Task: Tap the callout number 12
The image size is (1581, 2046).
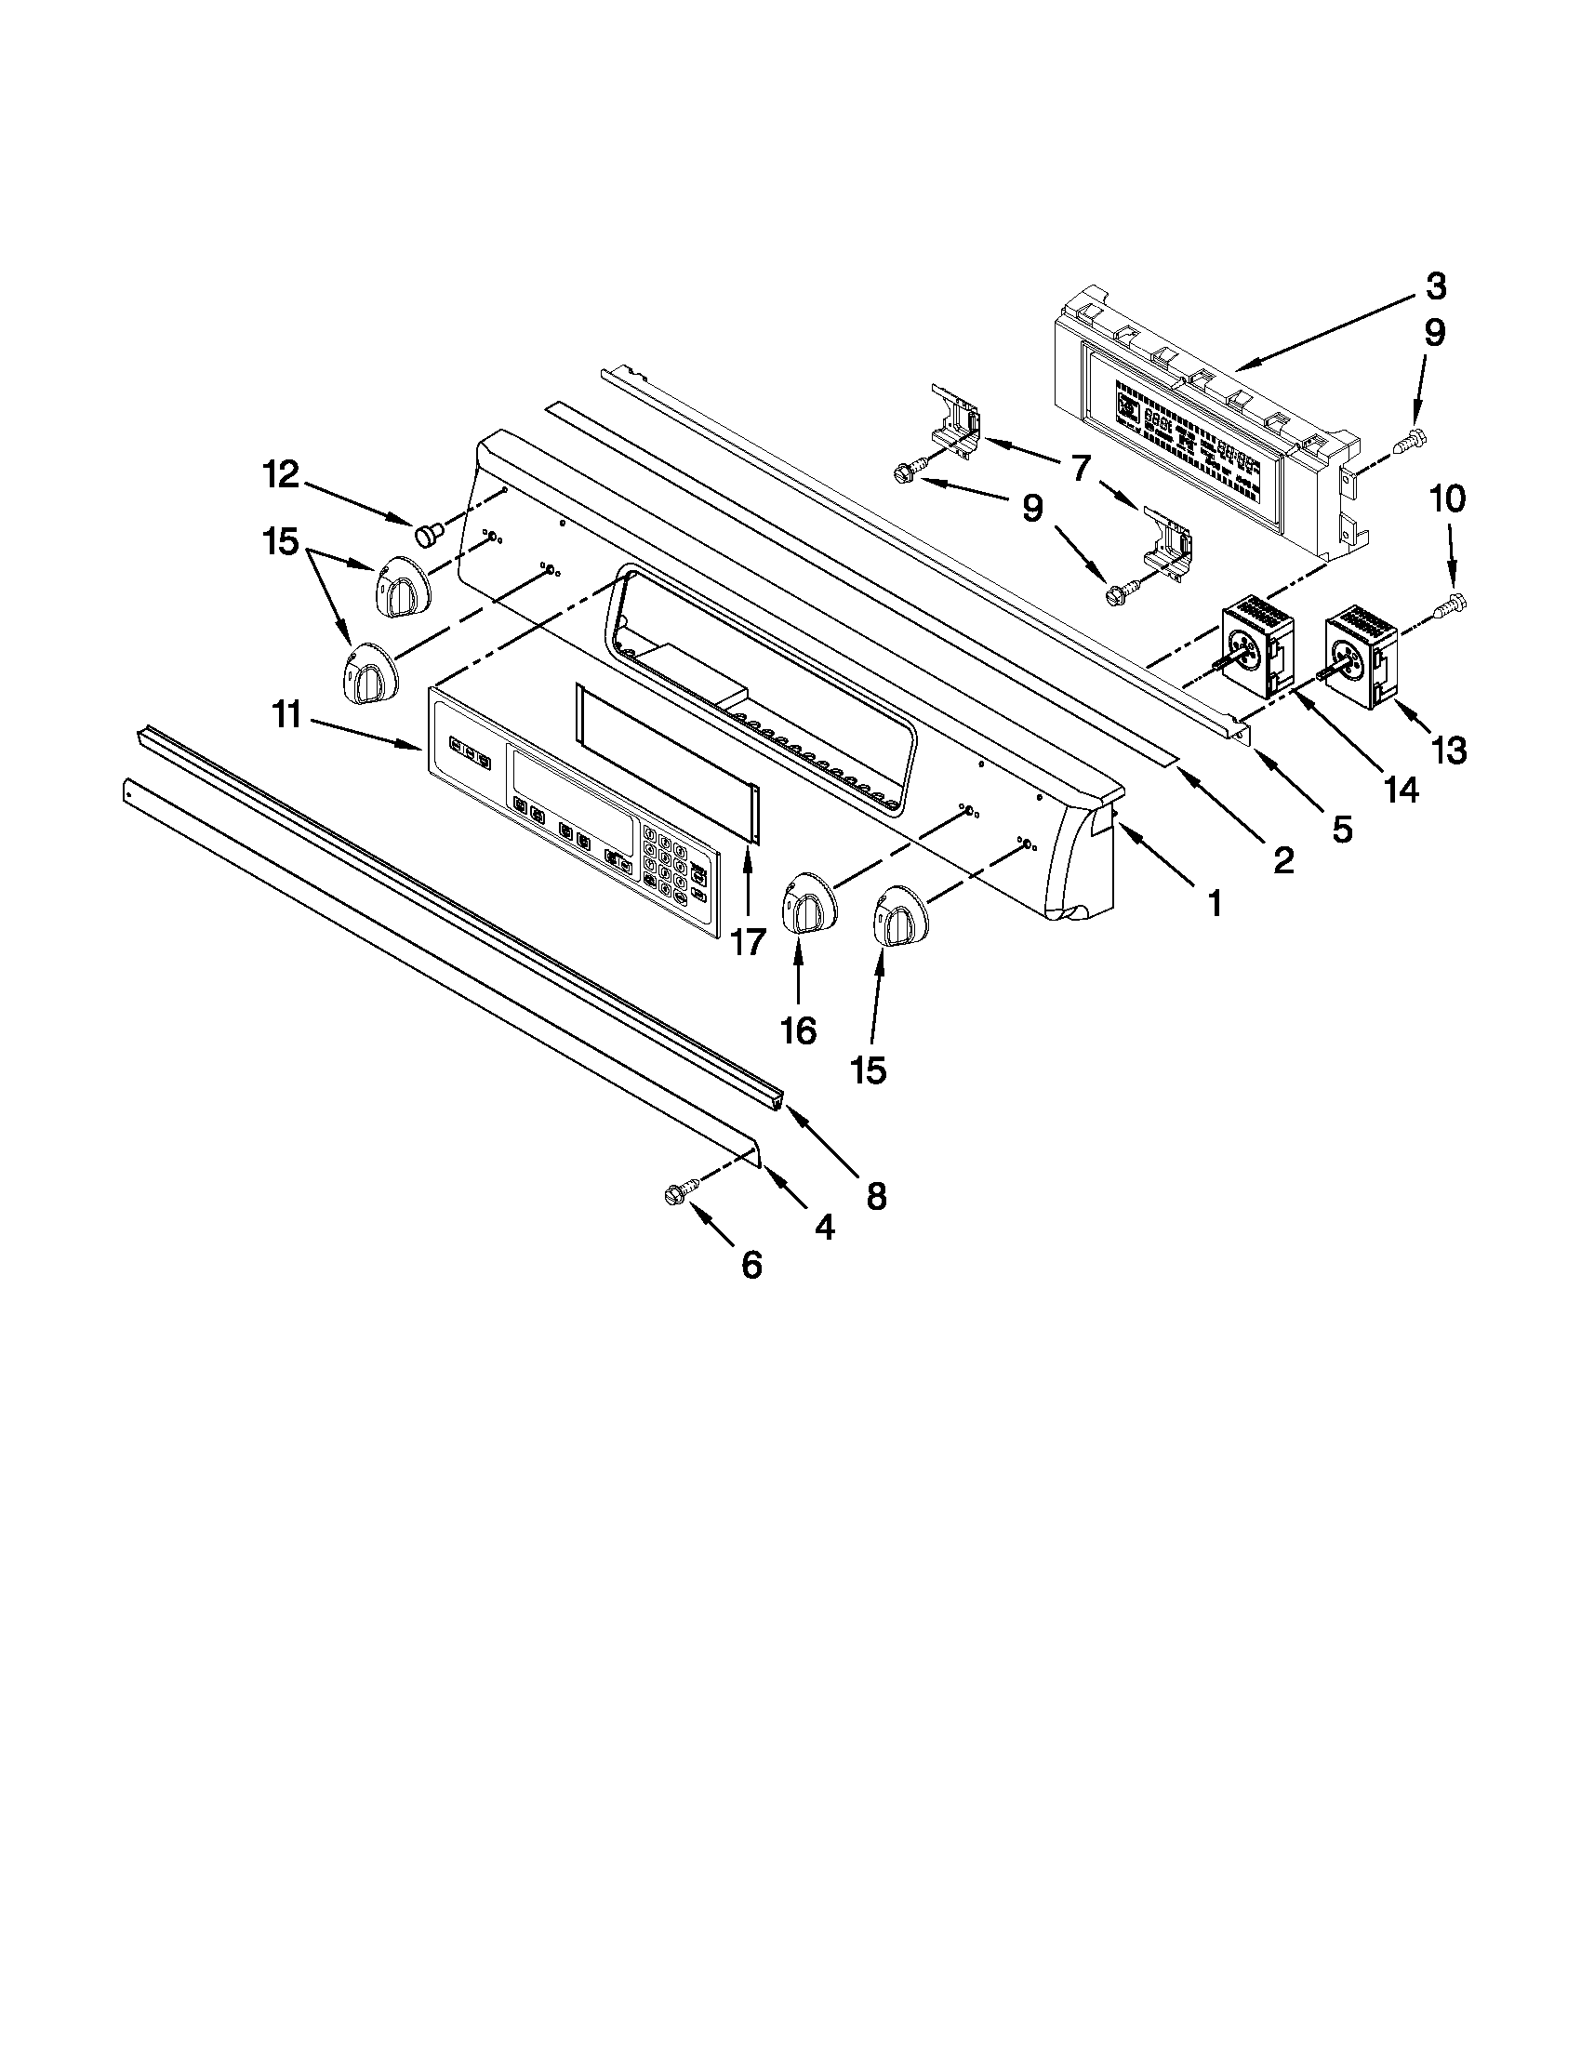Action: [280, 476]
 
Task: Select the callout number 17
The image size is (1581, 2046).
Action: [748, 941]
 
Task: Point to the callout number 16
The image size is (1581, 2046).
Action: [799, 1030]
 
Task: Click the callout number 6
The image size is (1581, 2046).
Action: [751, 1266]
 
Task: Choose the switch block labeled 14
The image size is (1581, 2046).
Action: [1257, 649]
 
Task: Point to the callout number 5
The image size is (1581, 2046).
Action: [1342, 828]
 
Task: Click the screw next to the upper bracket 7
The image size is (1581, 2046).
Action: [911, 474]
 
